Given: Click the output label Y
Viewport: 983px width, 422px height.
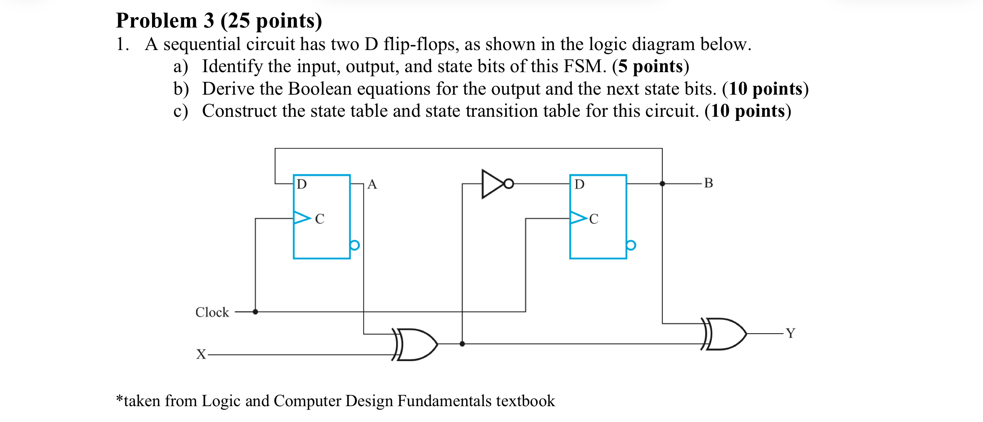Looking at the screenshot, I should pos(790,333).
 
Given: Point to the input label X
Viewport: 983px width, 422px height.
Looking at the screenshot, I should pos(201,354).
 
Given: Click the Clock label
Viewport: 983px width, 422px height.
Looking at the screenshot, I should pos(212,312).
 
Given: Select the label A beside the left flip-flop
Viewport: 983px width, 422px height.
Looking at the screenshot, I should pos(372,184).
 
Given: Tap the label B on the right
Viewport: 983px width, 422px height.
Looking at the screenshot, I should pos(708,183).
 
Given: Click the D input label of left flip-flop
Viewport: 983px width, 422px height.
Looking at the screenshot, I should pos(302,184).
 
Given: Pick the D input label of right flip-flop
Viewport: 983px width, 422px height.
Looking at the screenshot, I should pos(579,184).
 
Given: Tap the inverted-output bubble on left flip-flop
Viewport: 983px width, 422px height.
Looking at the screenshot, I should pos(354,245).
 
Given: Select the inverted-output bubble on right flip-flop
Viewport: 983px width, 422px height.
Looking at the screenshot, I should pos(631,245).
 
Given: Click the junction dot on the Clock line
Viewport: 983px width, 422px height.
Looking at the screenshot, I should pos(255,311).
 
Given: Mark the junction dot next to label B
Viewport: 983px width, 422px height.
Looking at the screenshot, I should pos(662,183).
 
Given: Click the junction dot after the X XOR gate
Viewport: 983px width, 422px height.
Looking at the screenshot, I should pos(462,344).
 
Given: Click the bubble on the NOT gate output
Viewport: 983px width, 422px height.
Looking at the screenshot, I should pos(509,183).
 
